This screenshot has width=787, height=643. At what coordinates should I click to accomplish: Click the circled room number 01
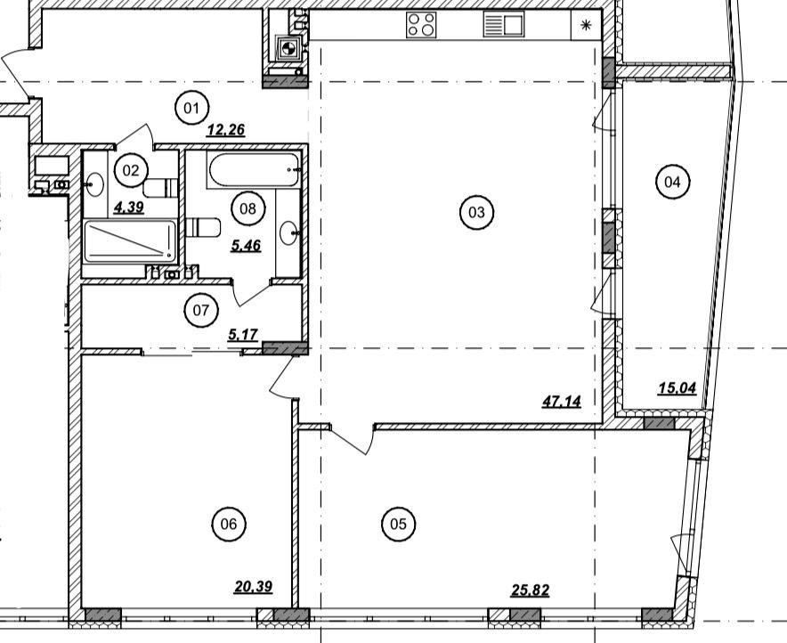point(191,108)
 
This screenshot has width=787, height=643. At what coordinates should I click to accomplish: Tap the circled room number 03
point(476,212)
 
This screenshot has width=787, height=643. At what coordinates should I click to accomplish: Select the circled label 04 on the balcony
point(672,182)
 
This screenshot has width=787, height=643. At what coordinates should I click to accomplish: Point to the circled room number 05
point(398,525)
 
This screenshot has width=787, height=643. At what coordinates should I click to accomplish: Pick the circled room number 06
point(229,525)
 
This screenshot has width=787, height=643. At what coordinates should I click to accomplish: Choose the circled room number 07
point(201,310)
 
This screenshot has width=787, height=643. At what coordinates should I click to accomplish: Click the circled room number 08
point(248,208)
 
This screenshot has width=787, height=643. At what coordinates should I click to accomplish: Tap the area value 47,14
point(562,402)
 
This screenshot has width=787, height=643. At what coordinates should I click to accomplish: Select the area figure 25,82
point(530,590)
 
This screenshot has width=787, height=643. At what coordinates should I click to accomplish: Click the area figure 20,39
point(254,587)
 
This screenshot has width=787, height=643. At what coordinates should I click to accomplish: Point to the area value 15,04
point(677,388)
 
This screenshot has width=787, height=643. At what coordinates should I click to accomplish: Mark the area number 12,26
point(226,131)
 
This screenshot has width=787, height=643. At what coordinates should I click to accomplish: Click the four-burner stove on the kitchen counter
point(421,25)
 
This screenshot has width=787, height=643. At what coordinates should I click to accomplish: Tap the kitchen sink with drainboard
point(504,25)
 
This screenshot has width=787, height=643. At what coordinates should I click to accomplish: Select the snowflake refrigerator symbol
point(586,25)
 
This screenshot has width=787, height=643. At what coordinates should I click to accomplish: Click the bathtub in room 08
point(254,170)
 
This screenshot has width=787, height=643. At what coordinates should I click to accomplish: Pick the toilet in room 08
point(203,227)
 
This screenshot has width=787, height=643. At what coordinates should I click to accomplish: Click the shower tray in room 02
point(130,241)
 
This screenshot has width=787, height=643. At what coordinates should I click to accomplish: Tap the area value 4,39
point(129,207)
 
